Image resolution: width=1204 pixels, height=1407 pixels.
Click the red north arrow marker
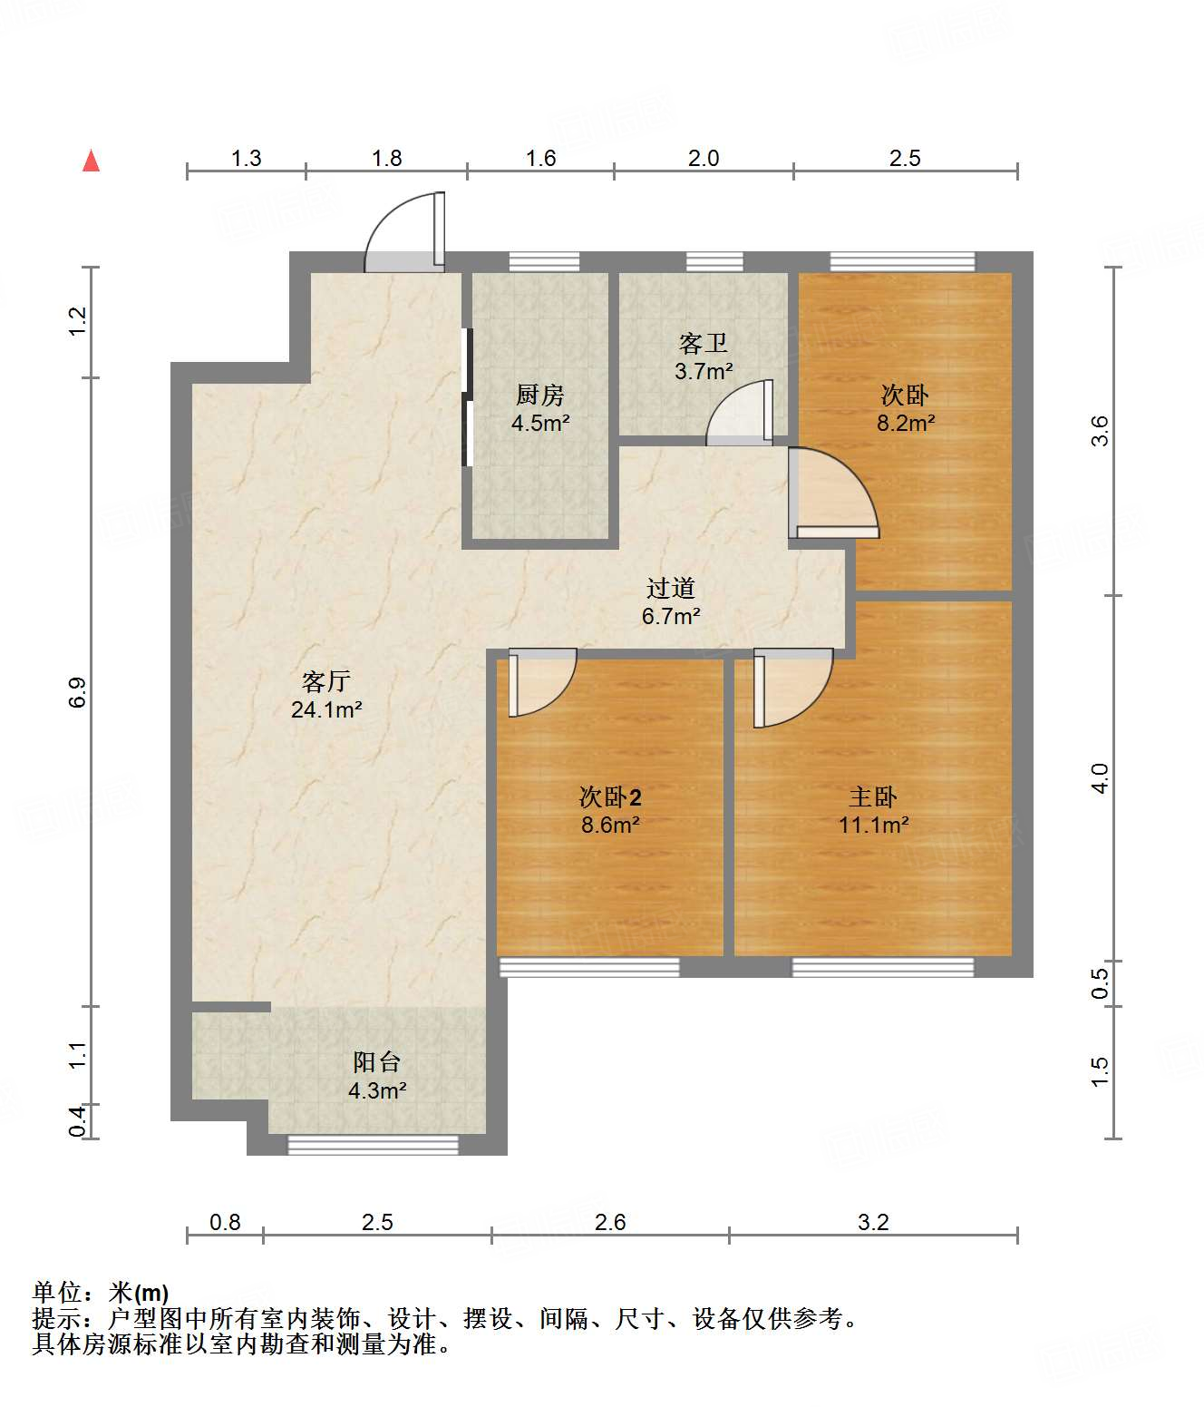[92, 161]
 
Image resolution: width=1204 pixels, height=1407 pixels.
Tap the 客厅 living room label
[325, 680]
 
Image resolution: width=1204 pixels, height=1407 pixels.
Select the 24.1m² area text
[326, 710]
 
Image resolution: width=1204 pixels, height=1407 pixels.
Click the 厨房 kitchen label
[539, 394]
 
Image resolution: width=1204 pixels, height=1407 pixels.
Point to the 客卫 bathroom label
[703, 343]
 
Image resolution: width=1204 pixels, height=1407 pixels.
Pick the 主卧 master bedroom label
[873, 796]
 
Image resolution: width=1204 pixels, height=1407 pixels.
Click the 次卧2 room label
[609, 796]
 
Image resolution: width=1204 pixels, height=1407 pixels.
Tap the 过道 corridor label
[670, 588]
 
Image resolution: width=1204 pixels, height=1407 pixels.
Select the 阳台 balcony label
[376, 1061]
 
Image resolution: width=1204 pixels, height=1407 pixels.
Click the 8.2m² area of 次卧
[906, 424]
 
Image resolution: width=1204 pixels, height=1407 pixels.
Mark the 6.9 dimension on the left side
[78, 691]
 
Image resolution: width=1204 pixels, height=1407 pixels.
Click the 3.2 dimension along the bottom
[873, 1222]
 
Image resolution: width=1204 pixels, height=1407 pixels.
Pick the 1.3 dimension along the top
[247, 158]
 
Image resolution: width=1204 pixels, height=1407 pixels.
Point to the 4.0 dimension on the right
[1099, 778]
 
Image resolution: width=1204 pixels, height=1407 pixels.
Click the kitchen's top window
[544, 262]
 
